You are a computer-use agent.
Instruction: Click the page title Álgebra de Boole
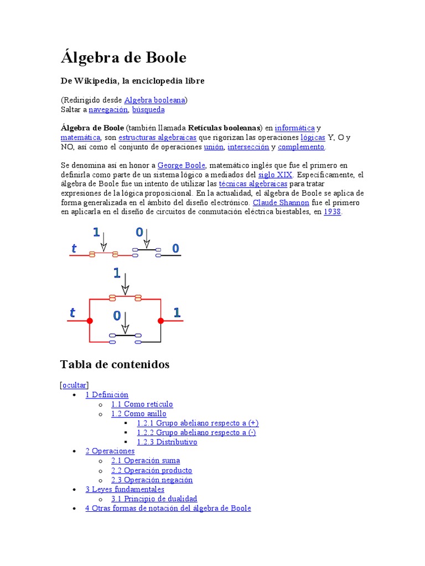click(123, 58)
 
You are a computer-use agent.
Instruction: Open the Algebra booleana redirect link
click(155, 100)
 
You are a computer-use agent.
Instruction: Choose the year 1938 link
click(332, 212)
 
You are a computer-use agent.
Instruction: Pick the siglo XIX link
click(275, 175)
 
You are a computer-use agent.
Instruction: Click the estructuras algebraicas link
click(157, 138)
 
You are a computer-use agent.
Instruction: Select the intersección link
click(248, 147)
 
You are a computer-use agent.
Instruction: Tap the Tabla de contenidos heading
click(115, 364)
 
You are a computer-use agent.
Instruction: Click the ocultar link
click(75, 385)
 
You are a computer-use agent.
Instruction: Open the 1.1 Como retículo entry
click(142, 404)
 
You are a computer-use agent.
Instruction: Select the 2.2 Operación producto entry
click(151, 470)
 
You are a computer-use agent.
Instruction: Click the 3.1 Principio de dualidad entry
click(154, 499)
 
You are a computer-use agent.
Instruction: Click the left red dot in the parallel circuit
click(90, 321)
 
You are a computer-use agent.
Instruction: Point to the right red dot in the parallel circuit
click(160, 321)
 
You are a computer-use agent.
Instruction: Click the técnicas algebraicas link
click(253, 184)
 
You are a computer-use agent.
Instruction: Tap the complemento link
click(302, 147)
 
